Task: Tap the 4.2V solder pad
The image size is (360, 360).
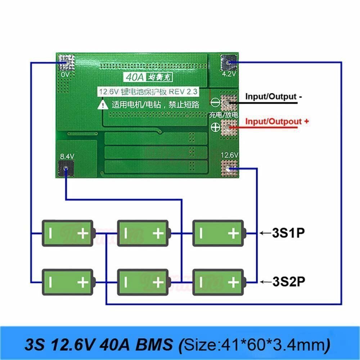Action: [x=229, y=63]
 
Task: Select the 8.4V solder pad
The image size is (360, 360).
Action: [x=66, y=168]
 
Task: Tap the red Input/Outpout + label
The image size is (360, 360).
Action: [x=277, y=121]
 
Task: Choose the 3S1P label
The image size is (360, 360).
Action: [x=288, y=233]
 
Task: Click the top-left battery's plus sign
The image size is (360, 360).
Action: [x=83, y=234]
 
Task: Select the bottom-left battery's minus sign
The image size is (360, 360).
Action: [x=51, y=282]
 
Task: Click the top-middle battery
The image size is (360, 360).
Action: [x=143, y=234]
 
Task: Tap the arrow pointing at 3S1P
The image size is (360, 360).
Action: [x=265, y=233]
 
